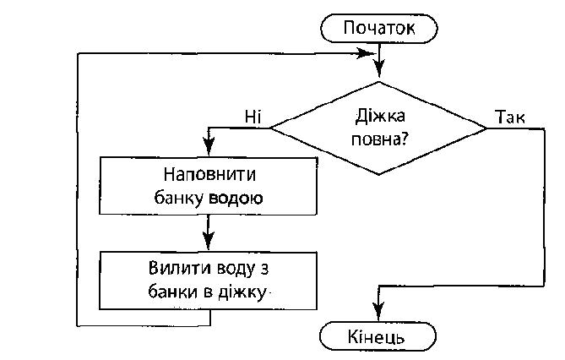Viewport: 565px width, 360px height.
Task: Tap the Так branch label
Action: tap(511, 116)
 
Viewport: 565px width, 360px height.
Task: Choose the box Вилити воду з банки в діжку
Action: tap(209, 281)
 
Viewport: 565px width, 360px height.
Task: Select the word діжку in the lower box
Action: tap(243, 292)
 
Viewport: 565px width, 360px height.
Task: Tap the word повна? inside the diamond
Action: tap(378, 139)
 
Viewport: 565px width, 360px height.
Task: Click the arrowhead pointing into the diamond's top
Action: tap(379, 74)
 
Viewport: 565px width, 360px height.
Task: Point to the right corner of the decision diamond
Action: tap(486, 128)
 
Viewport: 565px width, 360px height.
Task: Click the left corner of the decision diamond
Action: tap(269, 128)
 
